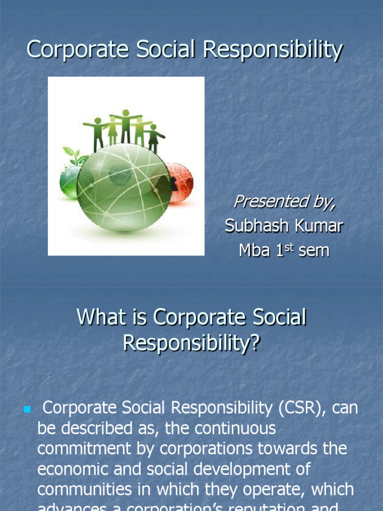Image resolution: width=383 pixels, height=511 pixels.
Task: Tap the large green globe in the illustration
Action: [x=124, y=187]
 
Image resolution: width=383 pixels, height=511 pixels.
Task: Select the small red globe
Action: [x=180, y=183]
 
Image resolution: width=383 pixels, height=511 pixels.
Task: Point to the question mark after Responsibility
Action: [x=255, y=343]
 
